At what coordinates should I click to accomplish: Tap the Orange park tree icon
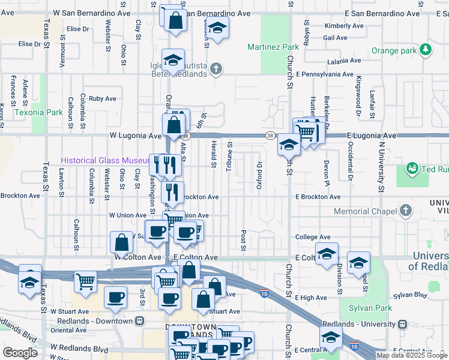coord(427,50)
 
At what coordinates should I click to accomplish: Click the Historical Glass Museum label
coord(104,161)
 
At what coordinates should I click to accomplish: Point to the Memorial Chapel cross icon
coord(406,211)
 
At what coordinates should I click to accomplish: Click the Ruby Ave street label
coord(102,98)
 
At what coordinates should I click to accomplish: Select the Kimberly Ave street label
coord(343,26)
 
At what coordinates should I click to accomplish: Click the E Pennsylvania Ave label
coord(324,74)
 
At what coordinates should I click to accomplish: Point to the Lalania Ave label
coord(343,61)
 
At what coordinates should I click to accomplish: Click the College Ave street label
coord(313,237)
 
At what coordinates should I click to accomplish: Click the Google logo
coord(20,353)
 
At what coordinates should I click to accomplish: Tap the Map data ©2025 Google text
coord(411,355)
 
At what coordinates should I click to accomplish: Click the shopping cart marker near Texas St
coord(85,280)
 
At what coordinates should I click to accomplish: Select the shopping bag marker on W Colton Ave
coord(121,242)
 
